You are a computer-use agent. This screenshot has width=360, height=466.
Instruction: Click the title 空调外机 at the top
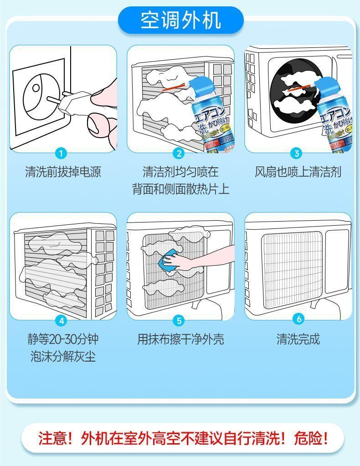[x=180, y=21]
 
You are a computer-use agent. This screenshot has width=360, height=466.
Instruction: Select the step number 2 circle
[x=179, y=154]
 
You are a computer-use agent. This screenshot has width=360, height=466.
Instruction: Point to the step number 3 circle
[x=297, y=153]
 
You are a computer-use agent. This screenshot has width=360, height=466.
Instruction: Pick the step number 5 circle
[x=179, y=321]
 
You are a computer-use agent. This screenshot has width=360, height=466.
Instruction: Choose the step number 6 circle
[x=298, y=319]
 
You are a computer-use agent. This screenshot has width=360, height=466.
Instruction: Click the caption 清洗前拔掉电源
[x=63, y=172]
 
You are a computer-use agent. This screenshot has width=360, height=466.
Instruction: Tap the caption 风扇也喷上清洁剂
[x=298, y=172]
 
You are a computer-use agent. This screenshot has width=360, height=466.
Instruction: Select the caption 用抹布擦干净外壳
[x=180, y=339]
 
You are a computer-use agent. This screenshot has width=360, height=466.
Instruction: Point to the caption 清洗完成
[x=298, y=339]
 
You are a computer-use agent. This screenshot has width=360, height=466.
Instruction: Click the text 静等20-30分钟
[x=63, y=339]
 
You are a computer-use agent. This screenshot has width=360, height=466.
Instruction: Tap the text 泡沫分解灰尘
[x=63, y=357]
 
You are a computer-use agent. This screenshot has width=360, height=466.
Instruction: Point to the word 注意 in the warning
[x=50, y=439]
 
